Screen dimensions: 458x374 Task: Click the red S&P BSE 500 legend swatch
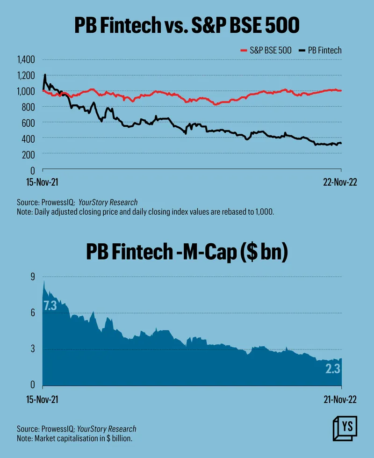(243, 50)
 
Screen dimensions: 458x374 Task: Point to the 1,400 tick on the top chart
(26, 60)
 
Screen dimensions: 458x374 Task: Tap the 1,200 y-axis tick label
(26, 76)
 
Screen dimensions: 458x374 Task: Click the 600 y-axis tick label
(29, 123)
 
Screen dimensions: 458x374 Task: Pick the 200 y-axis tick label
(29, 154)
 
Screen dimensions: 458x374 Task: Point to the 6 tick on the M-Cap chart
(33, 313)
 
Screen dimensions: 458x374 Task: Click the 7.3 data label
(50, 306)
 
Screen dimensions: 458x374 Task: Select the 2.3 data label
(333, 370)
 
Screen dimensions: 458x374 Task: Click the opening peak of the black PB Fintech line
(45, 75)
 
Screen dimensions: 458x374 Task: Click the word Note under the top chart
(24, 211)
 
